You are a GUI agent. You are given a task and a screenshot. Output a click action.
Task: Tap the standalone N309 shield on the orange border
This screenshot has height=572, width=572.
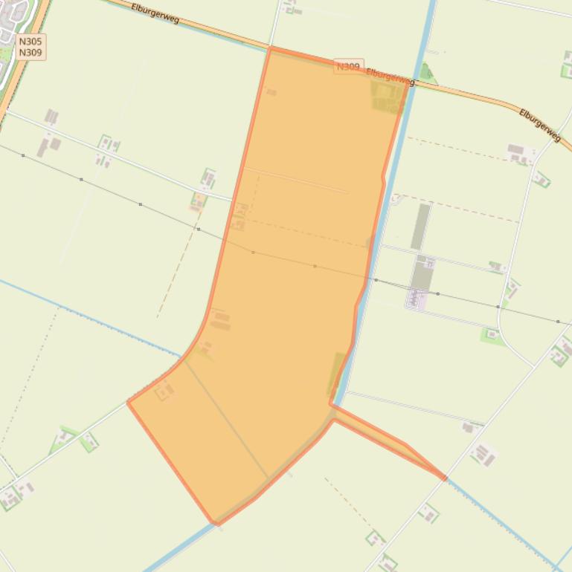[x=348, y=66]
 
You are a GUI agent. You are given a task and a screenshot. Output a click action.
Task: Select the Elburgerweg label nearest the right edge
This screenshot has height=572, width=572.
[x=540, y=125]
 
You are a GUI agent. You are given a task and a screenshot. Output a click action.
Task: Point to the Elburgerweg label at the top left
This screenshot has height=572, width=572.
[x=155, y=13]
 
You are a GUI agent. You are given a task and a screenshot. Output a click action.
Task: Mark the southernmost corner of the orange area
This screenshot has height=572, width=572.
[x=215, y=523]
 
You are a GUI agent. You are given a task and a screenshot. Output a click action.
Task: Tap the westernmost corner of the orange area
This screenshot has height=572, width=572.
[x=129, y=402]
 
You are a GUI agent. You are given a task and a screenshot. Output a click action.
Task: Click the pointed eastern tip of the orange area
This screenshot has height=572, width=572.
[x=445, y=478]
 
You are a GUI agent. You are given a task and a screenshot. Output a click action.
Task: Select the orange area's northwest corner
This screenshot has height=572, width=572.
[x=271, y=48]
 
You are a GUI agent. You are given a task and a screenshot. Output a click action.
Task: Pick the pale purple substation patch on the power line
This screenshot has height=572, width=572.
[x=416, y=299]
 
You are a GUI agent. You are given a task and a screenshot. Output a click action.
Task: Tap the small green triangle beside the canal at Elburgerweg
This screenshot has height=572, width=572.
[x=425, y=73]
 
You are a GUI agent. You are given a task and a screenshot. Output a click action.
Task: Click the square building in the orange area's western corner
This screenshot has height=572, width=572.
[x=164, y=390]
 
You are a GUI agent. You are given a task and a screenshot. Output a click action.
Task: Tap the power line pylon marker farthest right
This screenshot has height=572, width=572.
[x=558, y=322]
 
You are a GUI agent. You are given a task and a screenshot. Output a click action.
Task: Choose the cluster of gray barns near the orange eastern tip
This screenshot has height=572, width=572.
[x=482, y=453]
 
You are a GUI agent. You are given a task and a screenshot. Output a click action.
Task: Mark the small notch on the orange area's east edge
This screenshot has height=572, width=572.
[x=384, y=178]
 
